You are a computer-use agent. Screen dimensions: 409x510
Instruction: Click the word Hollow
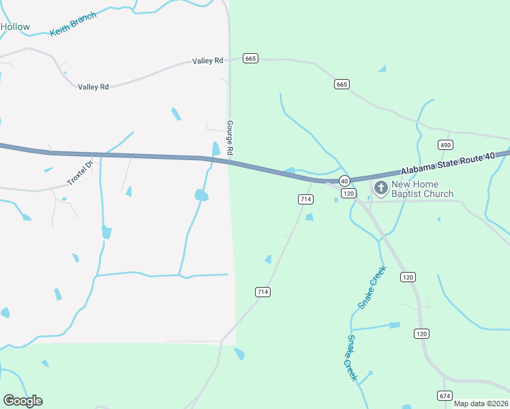pos(15,27)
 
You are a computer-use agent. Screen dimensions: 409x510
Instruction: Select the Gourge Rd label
pos(230,137)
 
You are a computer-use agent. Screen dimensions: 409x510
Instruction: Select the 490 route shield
pos(445,145)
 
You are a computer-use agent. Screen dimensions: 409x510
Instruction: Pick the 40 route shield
pos(344,181)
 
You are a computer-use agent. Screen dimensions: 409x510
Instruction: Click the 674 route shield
pos(445,395)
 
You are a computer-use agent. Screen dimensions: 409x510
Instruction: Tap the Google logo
pos(22,401)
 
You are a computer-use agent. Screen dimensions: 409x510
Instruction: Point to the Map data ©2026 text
pos(481,404)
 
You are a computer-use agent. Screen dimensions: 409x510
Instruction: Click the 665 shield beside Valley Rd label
pos(250,59)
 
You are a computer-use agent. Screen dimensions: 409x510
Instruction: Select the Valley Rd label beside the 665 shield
pos(208,61)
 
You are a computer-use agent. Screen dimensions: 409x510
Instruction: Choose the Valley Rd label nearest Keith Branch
pos(93,87)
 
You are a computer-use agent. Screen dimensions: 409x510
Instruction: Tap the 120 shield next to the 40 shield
pos(348,194)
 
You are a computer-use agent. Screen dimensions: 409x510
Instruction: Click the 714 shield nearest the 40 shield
pos(305,199)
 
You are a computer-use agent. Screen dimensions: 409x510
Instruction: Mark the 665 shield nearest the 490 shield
pos(342,84)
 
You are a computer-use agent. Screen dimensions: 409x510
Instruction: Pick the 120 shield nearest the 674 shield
pos(421,333)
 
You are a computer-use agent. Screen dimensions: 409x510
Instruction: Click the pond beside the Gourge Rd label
pos(216,149)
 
